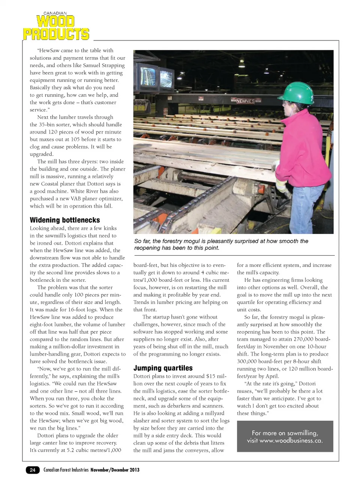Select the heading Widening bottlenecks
[65, 220]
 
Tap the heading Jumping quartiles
[163, 368]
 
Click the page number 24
[33, 470]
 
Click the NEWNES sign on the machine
[245, 101]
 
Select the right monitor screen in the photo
[166, 79]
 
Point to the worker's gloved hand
[282, 186]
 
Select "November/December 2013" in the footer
[115, 470]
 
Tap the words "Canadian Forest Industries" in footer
[66, 470]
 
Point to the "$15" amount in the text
[211, 376]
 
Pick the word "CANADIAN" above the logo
[55, 13]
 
